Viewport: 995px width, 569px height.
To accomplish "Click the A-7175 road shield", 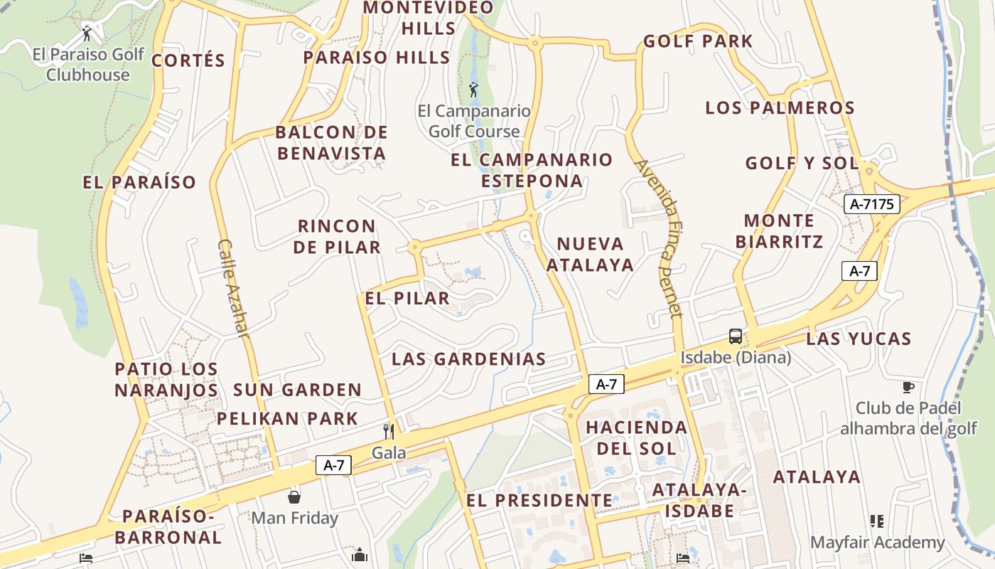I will click(872, 205).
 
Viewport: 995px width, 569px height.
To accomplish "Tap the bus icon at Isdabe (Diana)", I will click(736, 336).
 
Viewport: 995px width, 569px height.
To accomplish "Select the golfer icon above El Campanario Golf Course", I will click(474, 90).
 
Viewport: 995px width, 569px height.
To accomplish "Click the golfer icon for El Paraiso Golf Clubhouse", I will click(87, 33).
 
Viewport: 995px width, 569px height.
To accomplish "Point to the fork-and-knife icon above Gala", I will click(389, 431).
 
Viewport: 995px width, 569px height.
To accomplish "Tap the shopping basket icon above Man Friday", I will click(294, 496).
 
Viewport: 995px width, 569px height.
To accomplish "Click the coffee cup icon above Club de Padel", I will click(908, 387).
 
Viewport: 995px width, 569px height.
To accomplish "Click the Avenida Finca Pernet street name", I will click(659, 238).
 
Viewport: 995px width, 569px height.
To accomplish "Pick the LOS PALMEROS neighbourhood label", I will click(780, 108).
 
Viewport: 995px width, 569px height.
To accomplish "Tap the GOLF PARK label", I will click(697, 41).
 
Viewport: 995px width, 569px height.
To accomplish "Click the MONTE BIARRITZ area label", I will click(780, 231).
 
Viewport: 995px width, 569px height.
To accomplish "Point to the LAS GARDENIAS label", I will click(468, 359).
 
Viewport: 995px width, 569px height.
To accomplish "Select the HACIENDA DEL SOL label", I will click(636, 437).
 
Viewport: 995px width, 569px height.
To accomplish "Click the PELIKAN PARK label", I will click(287, 418).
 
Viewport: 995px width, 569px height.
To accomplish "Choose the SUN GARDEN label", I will click(297, 390).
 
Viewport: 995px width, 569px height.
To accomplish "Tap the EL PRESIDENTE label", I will click(539, 501).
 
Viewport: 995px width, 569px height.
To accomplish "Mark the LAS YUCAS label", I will click(858, 339).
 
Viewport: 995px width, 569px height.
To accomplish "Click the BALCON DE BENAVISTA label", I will click(332, 142).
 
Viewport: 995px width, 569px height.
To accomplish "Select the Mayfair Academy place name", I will click(878, 543).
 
